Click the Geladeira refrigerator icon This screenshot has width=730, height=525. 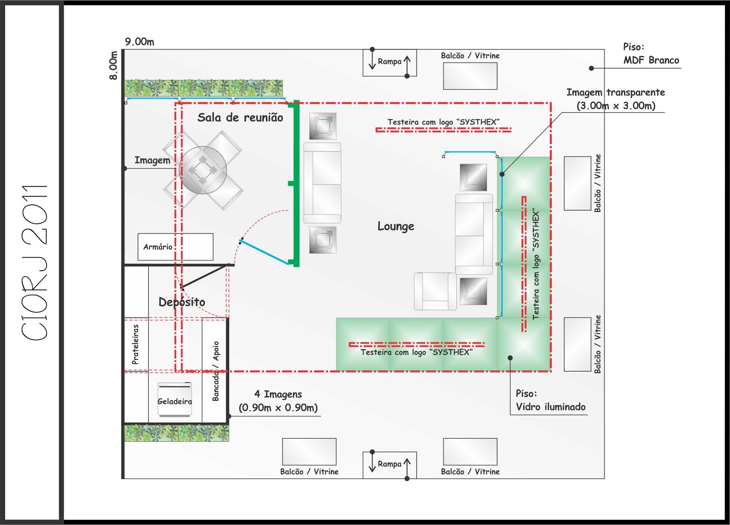(x=175, y=399)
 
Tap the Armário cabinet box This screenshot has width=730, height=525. (x=175, y=247)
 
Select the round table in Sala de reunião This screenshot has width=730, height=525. (x=203, y=170)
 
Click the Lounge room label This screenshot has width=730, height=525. (x=396, y=226)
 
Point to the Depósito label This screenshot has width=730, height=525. (x=182, y=302)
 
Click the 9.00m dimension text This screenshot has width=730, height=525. (x=140, y=42)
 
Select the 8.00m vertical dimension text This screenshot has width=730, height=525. (x=113, y=65)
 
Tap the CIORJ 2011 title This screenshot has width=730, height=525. (x=35, y=262)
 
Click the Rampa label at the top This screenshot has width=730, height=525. (x=389, y=61)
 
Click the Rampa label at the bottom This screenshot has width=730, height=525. (x=389, y=464)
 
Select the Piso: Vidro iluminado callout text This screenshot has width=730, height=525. (x=550, y=400)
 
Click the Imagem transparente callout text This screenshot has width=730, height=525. (x=615, y=99)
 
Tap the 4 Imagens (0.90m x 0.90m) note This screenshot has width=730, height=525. (x=278, y=401)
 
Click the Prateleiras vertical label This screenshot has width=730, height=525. (x=135, y=344)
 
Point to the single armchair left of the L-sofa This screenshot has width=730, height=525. (x=435, y=291)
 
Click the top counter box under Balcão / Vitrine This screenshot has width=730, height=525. (x=470, y=76)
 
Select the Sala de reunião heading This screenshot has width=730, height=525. (x=240, y=118)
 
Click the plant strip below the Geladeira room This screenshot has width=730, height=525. (x=177, y=433)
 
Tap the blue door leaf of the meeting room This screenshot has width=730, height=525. (x=265, y=252)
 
